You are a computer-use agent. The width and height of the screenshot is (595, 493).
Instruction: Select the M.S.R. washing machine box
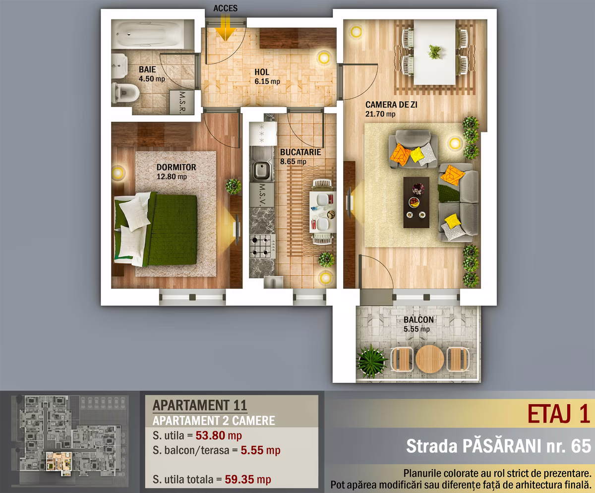coord(182,102)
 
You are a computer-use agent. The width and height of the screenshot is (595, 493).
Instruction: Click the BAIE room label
coord(147,69)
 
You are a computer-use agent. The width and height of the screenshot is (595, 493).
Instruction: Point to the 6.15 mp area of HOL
coord(267,81)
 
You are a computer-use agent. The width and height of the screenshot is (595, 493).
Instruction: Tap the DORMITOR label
coord(177,167)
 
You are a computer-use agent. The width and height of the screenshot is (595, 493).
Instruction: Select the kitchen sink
coord(262,170)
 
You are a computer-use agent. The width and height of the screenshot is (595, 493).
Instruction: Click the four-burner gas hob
coord(263,246)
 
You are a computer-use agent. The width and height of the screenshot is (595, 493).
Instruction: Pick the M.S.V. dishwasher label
coord(262,195)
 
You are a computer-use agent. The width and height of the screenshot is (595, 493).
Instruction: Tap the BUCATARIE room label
coord(300,152)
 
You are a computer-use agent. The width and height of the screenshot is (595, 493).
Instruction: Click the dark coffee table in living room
coord(416,202)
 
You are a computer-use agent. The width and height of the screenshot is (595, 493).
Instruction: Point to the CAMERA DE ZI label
coord(391,105)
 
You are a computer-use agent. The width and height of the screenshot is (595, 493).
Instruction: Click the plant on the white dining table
coord(435,52)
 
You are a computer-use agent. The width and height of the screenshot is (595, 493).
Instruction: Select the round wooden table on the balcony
coord(430,359)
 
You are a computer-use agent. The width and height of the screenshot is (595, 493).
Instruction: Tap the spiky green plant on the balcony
coord(371,361)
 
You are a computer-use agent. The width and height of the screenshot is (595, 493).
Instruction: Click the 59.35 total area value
coord(239,479)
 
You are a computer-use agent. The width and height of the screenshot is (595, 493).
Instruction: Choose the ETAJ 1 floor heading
coord(558,414)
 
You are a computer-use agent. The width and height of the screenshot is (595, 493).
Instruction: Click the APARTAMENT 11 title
coord(200,405)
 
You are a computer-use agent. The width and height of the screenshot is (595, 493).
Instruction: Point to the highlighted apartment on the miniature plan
coord(59,461)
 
